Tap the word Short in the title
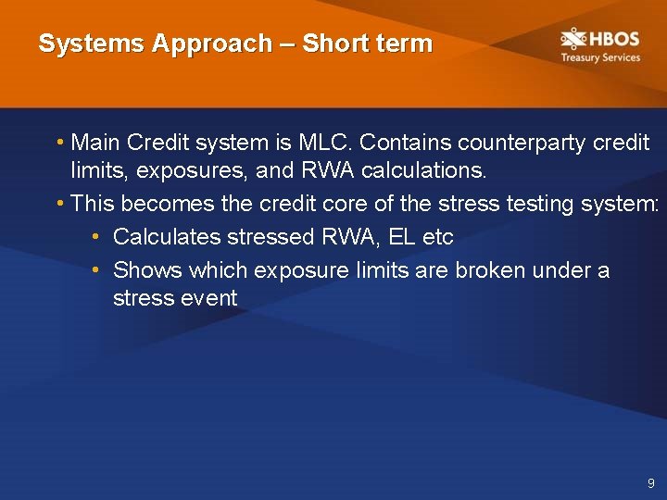pos(333,44)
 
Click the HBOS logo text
pos(613,39)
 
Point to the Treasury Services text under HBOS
pos(599,57)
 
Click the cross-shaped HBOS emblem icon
pos(573,39)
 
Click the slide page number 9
pos(651,483)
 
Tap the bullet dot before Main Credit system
pos(59,144)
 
